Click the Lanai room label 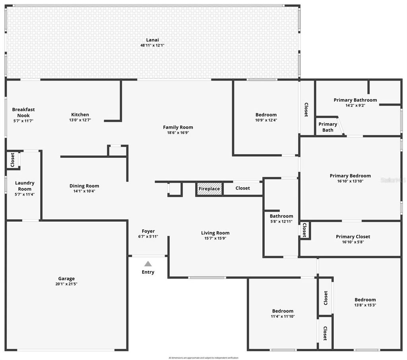[152, 40]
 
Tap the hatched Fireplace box [209, 189]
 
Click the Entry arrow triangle [148, 263]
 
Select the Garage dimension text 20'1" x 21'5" [66, 284]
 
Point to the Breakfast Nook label [23, 112]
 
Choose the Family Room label [178, 127]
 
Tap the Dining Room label [84, 186]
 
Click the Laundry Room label [25, 186]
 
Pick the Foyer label [148, 231]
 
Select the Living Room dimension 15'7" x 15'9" [215, 238]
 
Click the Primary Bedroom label [350, 176]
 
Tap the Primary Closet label [353, 236]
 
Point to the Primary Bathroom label [355, 100]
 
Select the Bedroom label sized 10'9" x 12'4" [266, 115]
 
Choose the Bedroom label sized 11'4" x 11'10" [283, 311]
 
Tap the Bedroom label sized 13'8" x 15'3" [365, 300]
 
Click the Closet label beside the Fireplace [242, 188]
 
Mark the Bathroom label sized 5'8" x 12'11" [281, 216]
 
